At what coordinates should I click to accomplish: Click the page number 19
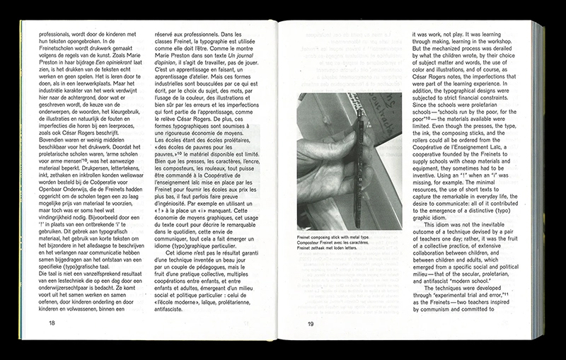click(310, 323)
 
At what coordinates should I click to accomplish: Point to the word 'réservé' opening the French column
click(167, 34)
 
